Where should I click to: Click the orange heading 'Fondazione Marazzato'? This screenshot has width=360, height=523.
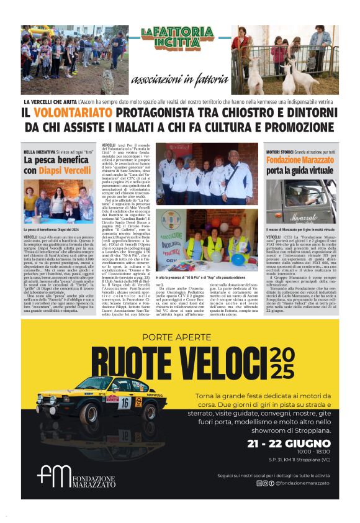[x=299, y=159]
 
